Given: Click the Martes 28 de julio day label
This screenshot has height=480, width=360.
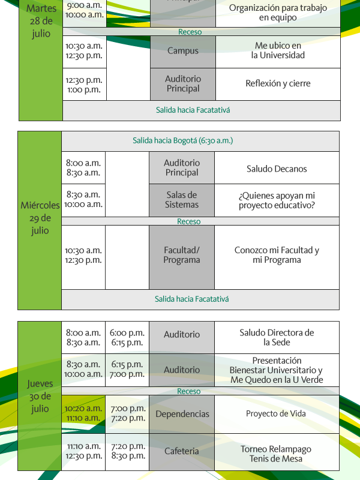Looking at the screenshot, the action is [41, 21].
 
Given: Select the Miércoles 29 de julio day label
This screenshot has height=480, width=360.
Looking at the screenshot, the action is [40, 218].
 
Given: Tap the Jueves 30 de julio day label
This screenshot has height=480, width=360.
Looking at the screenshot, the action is [40, 396].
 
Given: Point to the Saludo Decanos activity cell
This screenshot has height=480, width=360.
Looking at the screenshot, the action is [277, 168].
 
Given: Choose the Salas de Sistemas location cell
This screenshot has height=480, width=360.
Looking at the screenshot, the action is [182, 200].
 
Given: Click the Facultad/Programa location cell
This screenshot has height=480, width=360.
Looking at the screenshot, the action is [182, 257].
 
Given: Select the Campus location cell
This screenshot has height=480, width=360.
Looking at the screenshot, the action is [183, 52].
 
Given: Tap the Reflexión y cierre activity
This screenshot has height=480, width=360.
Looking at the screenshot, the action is [278, 84].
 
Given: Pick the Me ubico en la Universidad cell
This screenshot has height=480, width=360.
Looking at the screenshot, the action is [278, 52].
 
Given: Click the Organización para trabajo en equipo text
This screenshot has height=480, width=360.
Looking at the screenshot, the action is [278, 13].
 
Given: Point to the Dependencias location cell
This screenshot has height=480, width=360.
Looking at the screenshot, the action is [182, 414].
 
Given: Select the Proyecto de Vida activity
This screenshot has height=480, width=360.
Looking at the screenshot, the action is [277, 414].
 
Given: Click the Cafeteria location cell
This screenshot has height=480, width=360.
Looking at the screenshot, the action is [182, 452].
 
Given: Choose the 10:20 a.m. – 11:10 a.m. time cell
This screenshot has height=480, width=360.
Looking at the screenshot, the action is [83, 414].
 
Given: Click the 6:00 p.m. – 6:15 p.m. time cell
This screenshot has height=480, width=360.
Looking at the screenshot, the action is [127, 337].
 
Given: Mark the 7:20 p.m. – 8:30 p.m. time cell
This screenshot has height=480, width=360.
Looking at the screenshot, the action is [127, 452].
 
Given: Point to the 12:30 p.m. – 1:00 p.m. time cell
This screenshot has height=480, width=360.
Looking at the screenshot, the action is [85, 84].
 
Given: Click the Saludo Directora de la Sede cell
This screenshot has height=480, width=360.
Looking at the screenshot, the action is [277, 337].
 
